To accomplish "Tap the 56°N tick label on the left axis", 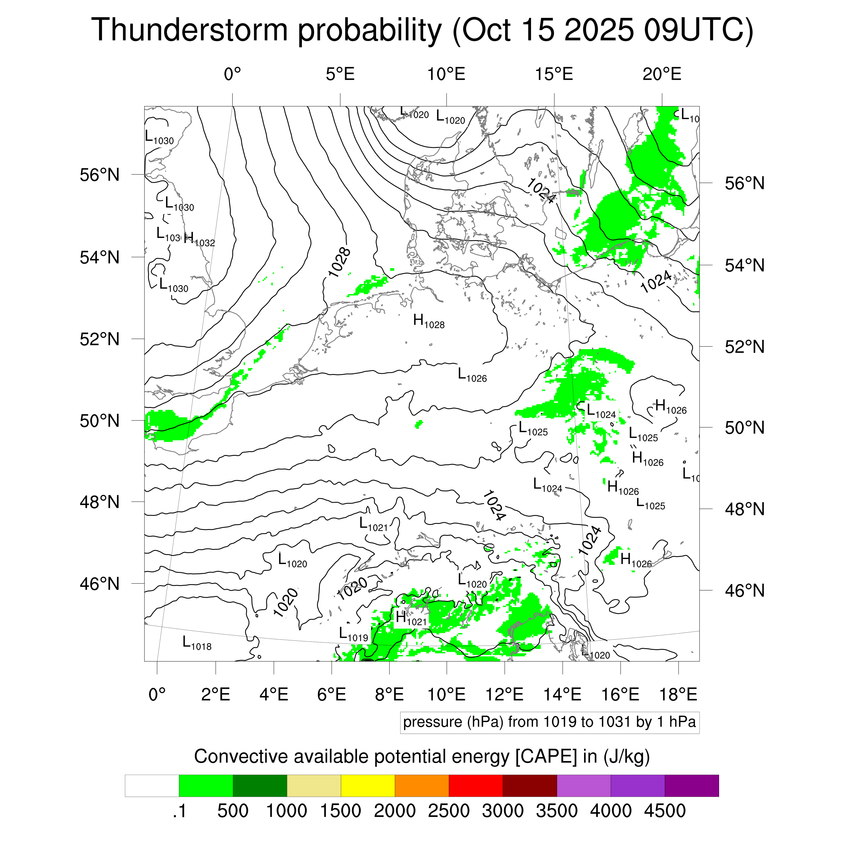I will click(100, 175).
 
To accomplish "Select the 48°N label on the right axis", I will click(744, 509).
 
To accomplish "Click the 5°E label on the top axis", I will click(340, 74).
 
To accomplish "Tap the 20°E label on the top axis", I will click(661, 74).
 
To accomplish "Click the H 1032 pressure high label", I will click(199, 239).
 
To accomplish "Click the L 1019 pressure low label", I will click(353, 634).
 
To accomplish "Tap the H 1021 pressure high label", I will click(411, 618).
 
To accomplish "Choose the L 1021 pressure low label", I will click(373, 524).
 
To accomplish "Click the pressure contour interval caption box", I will click(549, 722).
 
